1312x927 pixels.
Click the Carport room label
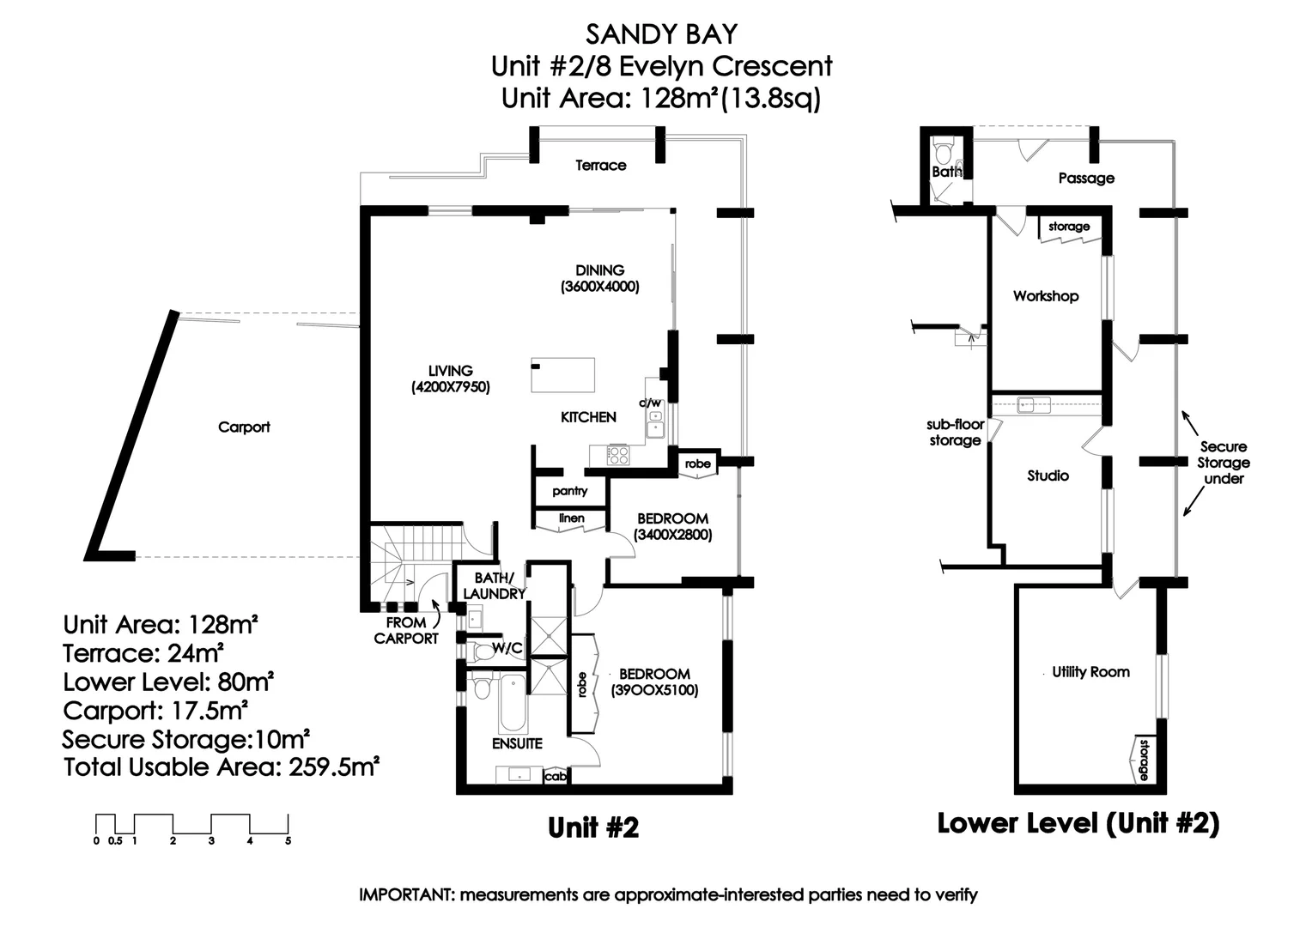244,427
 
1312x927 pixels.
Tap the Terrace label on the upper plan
600,165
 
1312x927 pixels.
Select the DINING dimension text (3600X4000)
600,287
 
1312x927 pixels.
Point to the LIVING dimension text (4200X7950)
451,387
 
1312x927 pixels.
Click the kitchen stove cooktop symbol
618,455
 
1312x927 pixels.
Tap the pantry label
569,491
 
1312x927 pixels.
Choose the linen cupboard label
572,518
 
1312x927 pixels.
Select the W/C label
507,648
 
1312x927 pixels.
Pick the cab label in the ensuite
556,777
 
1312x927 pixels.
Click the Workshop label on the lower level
1046,296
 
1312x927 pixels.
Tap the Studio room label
1048,476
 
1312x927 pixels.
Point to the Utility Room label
1090,672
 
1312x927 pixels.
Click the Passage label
1086,178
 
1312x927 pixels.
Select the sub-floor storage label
955,432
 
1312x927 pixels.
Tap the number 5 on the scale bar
289,841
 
